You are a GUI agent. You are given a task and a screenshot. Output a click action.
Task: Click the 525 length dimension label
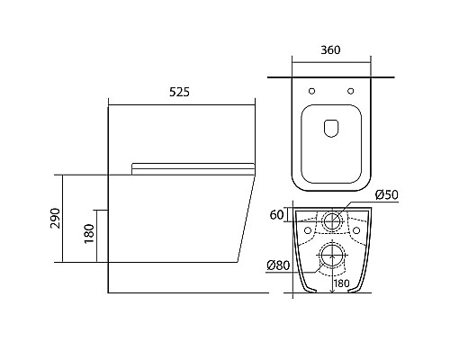pyautogui.click(x=179, y=92)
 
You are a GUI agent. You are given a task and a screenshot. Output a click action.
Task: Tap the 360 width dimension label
pyautogui.click(x=330, y=50)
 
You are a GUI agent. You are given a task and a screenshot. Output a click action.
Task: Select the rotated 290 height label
pyautogui.click(x=56, y=218)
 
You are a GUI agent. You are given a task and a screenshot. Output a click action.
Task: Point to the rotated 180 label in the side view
pyautogui.click(x=89, y=234)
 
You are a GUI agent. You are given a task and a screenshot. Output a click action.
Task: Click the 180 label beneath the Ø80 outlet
pyautogui.click(x=341, y=283)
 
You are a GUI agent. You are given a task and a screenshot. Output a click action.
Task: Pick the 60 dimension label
pyautogui.click(x=276, y=215)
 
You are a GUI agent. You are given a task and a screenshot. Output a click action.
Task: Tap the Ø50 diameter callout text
pyautogui.click(x=387, y=195)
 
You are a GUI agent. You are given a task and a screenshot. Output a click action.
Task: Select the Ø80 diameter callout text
pyautogui.click(x=278, y=265)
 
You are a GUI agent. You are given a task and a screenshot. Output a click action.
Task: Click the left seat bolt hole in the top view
pyautogui.click(x=312, y=91)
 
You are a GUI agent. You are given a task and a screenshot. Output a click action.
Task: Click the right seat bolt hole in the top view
pyautogui.click(x=350, y=91)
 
